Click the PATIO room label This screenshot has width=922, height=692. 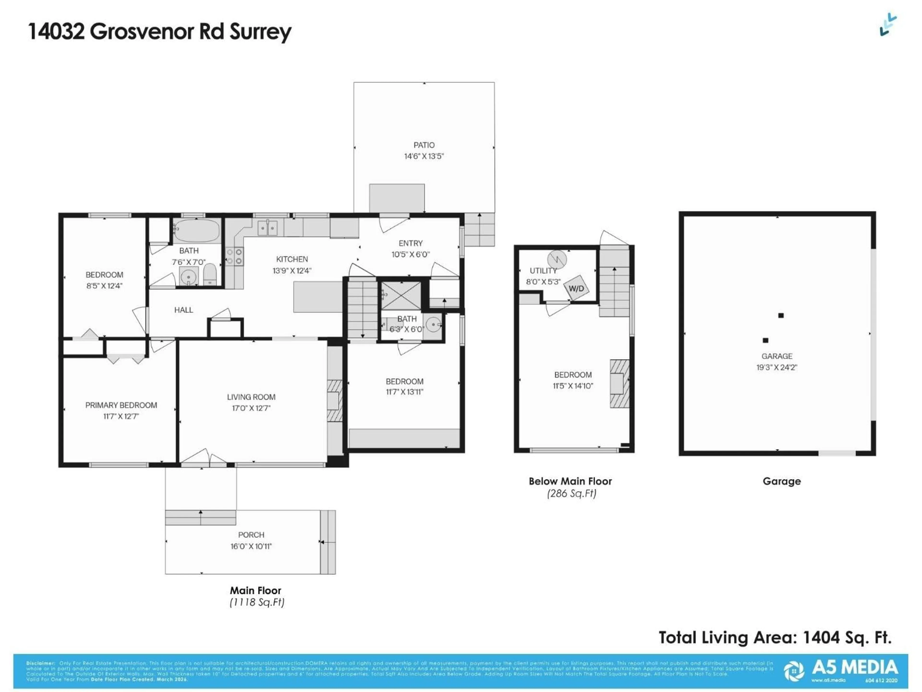point(424,145)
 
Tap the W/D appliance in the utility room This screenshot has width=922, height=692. point(576,288)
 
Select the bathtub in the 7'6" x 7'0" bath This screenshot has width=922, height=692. point(196,231)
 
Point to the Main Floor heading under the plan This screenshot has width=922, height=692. point(255,590)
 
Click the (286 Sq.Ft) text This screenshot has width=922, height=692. point(571,494)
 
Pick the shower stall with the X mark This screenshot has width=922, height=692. point(401,295)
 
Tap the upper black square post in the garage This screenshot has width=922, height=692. point(781,315)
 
